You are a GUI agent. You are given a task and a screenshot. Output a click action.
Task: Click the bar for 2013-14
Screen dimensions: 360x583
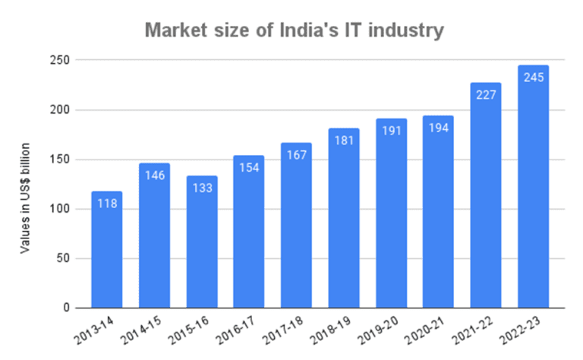(106, 251)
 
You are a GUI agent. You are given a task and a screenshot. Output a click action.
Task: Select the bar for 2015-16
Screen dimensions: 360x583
(201, 243)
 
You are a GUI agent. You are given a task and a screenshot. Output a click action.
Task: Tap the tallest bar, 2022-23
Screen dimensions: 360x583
(533, 190)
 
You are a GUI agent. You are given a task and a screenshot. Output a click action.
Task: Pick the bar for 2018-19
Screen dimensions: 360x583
(343, 220)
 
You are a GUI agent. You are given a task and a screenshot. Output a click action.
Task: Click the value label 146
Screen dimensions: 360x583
(154, 175)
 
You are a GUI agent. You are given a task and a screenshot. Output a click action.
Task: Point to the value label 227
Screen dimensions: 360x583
(486, 95)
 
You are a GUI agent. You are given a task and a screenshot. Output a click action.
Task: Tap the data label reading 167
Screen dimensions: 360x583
(296, 155)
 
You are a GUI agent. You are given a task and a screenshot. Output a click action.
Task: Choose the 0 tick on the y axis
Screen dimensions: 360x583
(66, 308)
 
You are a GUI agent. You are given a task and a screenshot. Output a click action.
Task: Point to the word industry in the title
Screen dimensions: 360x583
(404, 31)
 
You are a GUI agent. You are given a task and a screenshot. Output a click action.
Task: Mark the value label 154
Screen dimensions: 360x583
(248, 168)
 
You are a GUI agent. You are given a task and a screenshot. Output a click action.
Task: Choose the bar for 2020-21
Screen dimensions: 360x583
(438, 220)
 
